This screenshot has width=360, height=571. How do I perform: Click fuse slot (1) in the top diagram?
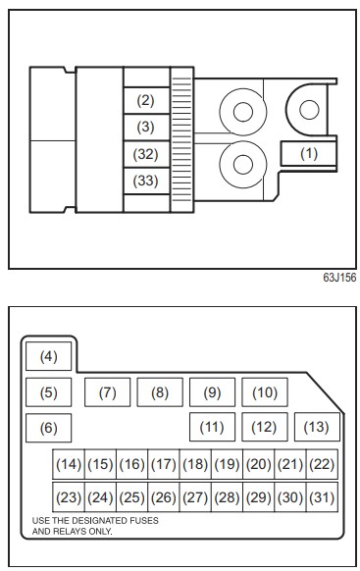click(308, 154)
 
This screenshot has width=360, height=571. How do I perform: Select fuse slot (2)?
click(146, 100)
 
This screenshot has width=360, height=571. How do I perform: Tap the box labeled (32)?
click(146, 154)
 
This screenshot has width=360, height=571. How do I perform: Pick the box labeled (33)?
click(146, 181)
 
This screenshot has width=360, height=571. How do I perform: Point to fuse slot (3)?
click(146, 128)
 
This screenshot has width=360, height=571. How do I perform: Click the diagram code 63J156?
click(339, 278)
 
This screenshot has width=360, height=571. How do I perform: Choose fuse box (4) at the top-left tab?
click(49, 356)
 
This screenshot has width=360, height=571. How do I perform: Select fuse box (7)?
click(107, 392)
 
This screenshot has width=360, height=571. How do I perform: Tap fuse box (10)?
click(265, 392)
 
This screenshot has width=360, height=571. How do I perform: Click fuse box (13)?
click(317, 427)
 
